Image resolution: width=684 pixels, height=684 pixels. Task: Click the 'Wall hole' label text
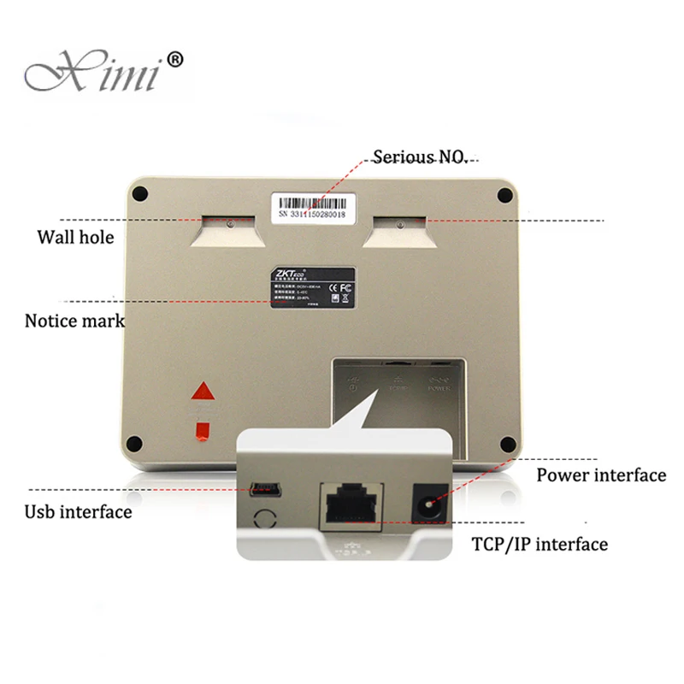(x=75, y=237)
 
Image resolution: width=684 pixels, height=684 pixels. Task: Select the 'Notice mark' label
(x=74, y=321)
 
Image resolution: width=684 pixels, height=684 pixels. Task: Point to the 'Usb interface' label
(x=77, y=512)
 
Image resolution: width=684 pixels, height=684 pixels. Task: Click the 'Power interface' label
(x=600, y=475)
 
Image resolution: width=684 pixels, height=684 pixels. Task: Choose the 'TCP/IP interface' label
(x=540, y=544)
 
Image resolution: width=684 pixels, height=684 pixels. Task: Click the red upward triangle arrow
(x=203, y=392)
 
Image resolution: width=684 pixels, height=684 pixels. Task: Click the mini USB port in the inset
(x=262, y=491)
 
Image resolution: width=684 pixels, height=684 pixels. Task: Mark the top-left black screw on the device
(x=139, y=194)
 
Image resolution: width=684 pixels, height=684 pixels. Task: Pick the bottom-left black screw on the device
(x=134, y=443)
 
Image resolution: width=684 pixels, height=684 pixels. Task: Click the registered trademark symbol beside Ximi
(x=174, y=59)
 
